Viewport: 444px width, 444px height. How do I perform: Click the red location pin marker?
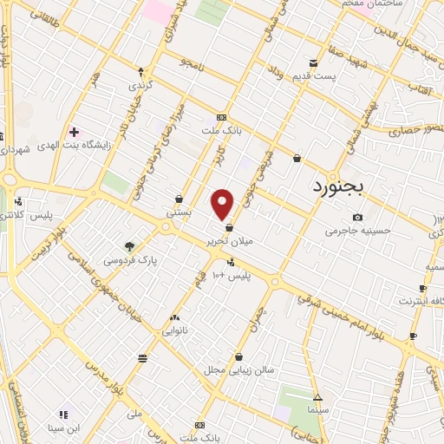[x=223, y=204]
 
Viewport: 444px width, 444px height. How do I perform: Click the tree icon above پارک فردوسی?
[x=129, y=246]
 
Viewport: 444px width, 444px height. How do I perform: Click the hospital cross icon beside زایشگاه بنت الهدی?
[x=74, y=132]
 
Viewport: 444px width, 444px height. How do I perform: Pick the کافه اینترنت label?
[x=420, y=301]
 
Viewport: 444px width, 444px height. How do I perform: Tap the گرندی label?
[x=140, y=86]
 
